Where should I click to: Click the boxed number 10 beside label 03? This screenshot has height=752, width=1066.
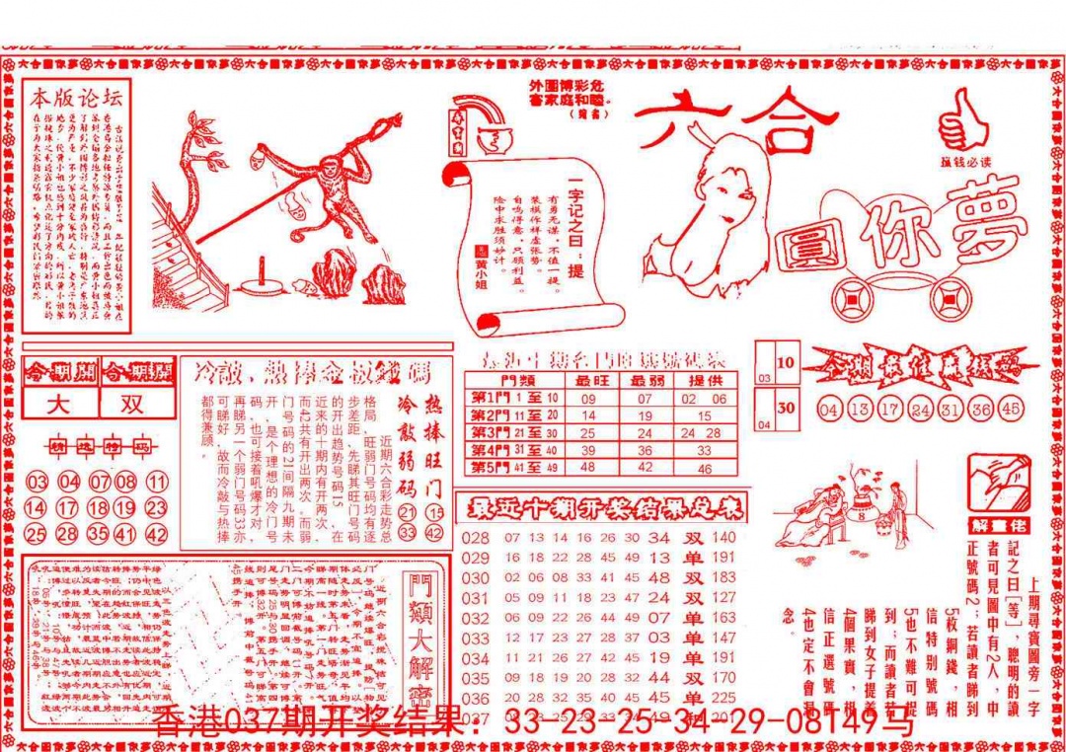(786, 362)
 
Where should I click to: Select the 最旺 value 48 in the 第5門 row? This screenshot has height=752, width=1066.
(588, 468)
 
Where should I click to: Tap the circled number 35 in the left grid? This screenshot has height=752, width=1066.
(97, 535)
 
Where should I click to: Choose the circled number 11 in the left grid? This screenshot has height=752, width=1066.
(157, 483)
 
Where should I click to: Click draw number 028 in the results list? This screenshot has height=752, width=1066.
(476, 538)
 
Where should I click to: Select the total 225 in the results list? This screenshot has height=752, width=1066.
(723, 698)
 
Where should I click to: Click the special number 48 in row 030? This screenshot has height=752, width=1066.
(658, 577)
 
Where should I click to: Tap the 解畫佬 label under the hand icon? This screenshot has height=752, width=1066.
(997, 522)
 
